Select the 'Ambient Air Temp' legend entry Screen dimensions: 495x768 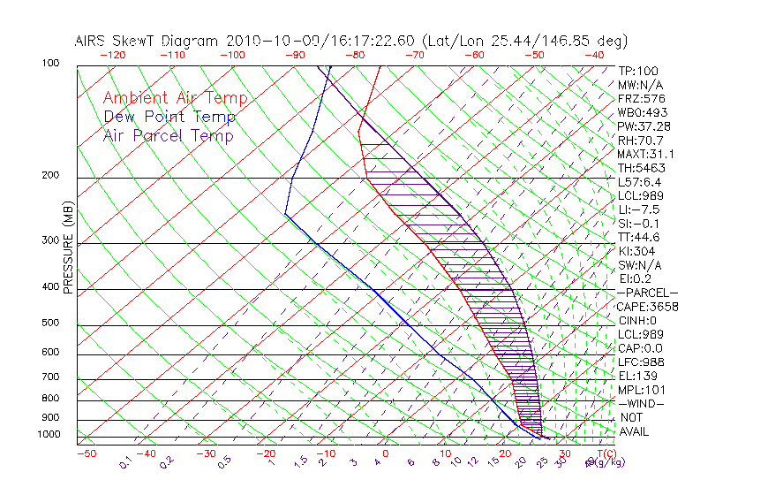[x=175, y=98]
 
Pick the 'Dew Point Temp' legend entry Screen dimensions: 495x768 [x=169, y=117]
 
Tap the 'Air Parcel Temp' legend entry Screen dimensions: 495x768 [x=169, y=135]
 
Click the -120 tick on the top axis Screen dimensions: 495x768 [x=112, y=55]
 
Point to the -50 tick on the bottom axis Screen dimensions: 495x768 [x=86, y=453]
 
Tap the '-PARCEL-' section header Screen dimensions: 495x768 [x=647, y=293]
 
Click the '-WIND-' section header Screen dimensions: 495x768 [x=642, y=403]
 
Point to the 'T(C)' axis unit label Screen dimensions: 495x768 [x=606, y=453]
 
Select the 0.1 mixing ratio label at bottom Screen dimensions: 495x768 [x=124, y=461]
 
